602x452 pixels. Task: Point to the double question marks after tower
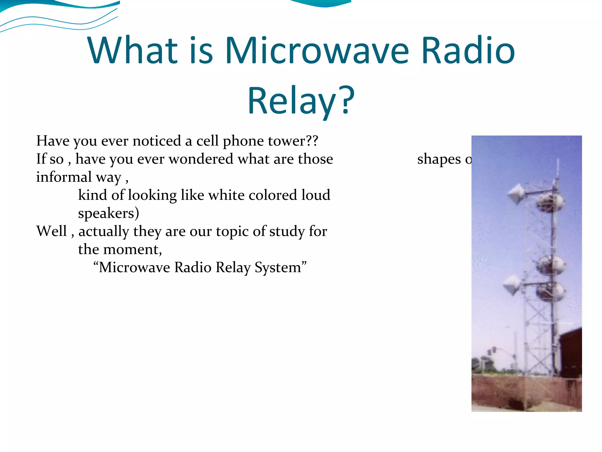pyautogui.click(x=312, y=141)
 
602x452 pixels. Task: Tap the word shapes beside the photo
pyautogui.click(x=439, y=159)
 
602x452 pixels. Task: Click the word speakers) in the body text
pyautogui.click(x=108, y=213)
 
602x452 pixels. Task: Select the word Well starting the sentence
pyautogui.click(x=51, y=231)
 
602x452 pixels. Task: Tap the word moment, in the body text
pyautogui.click(x=133, y=249)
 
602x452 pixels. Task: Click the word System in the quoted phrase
pyautogui.click(x=278, y=267)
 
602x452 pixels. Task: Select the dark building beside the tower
pyautogui.click(x=570, y=353)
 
